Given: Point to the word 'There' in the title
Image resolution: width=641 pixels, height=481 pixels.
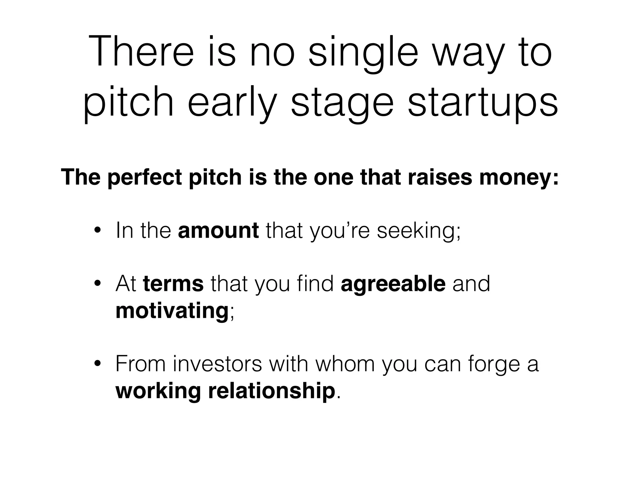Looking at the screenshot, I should click(x=141, y=52).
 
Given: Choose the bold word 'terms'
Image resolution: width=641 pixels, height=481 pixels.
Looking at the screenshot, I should click(x=173, y=284).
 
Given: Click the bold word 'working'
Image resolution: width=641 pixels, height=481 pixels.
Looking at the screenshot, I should click(x=158, y=391).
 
